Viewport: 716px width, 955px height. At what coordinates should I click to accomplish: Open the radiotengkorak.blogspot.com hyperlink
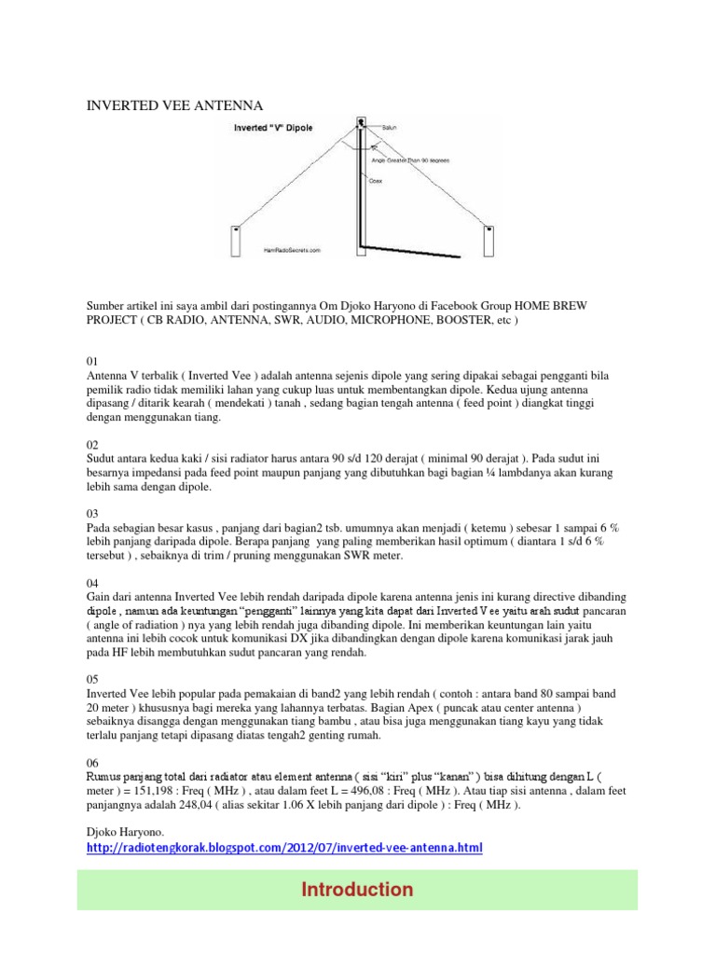coord(284,848)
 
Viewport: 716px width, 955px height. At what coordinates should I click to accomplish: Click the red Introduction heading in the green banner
coord(357,890)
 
